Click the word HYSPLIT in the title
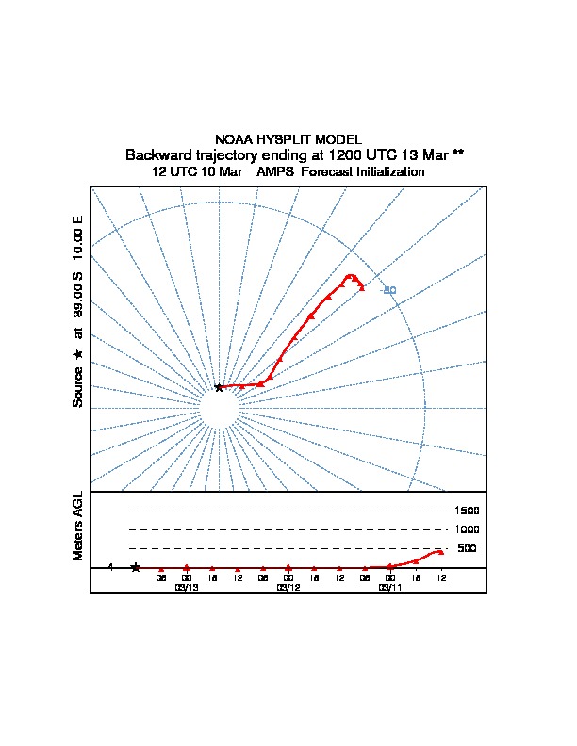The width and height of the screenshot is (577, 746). click(x=287, y=139)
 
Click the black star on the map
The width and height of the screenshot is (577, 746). click(x=219, y=387)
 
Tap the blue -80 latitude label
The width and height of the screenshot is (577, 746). click(x=388, y=290)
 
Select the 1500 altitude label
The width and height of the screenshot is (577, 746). click(x=467, y=511)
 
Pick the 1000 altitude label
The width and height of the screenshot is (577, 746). click(x=467, y=529)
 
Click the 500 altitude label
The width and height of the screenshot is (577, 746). click(x=467, y=548)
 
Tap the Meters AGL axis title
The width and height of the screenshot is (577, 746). click(x=78, y=527)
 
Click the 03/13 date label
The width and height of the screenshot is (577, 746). click(x=187, y=587)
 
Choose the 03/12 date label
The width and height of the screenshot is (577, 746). click(x=288, y=587)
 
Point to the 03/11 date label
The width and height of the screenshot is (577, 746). click(x=389, y=587)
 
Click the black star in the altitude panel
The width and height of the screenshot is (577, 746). click(x=136, y=567)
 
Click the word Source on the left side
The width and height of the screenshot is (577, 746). click(x=78, y=386)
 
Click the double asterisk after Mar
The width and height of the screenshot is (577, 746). click(x=458, y=153)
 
